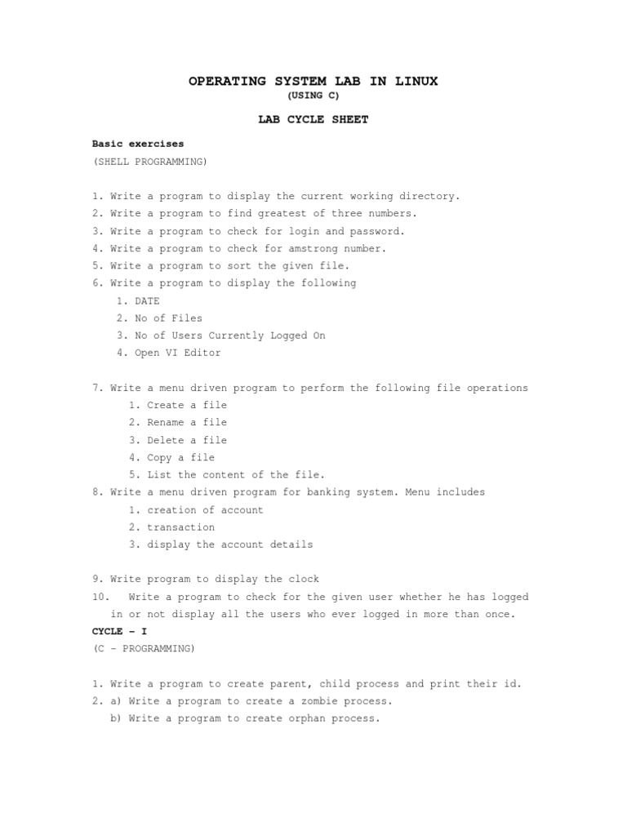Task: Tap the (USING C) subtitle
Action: click(x=313, y=96)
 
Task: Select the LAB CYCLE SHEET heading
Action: click(x=313, y=119)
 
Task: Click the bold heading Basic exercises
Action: click(x=138, y=144)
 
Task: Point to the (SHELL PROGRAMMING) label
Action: click(x=150, y=162)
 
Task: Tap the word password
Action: click(x=376, y=231)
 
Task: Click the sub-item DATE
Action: click(x=147, y=301)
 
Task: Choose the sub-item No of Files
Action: click(x=168, y=318)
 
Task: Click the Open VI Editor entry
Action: click(x=177, y=353)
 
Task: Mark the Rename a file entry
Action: click(x=187, y=422)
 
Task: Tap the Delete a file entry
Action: click(x=187, y=440)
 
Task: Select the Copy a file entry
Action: click(x=180, y=457)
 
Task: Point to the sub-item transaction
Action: click(x=180, y=527)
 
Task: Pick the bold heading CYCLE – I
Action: click(x=119, y=632)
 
